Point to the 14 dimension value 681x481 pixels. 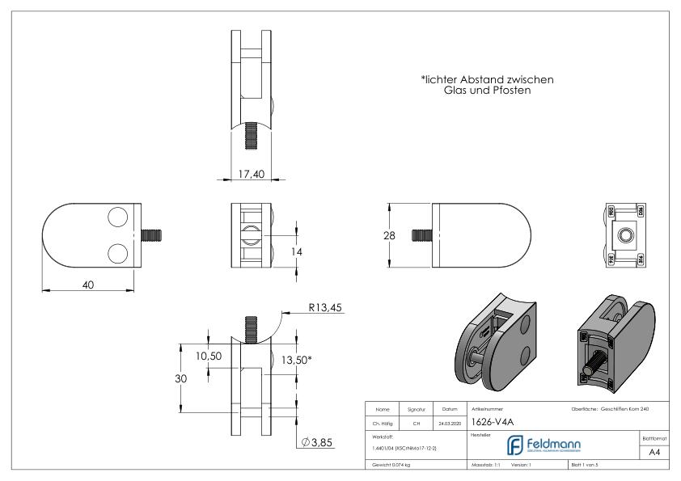click(296, 252)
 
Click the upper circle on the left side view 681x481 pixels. click(117, 218)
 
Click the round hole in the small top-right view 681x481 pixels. click(626, 234)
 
